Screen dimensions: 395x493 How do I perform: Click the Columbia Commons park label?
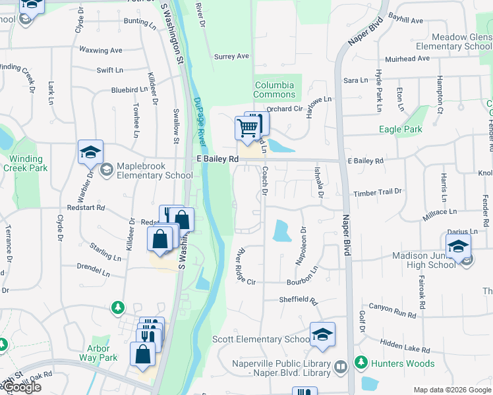tap(274, 90)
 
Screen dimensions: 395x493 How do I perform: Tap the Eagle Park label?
tap(400, 130)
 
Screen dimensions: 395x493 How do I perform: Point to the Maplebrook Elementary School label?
tap(154, 171)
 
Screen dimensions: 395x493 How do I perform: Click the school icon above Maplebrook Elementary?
tap(90, 153)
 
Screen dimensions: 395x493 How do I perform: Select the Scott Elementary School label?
tap(261, 340)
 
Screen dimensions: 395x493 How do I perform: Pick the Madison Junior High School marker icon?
tap(458, 248)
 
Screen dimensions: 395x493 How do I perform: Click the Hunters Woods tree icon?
tap(361, 361)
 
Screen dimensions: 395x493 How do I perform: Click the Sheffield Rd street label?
tap(303, 300)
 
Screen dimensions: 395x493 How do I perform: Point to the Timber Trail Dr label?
tap(377, 192)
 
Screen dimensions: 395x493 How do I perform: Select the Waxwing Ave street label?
tap(101, 50)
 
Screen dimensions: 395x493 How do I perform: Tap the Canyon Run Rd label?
tap(392, 309)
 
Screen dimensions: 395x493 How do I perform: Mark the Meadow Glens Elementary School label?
tap(461, 42)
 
